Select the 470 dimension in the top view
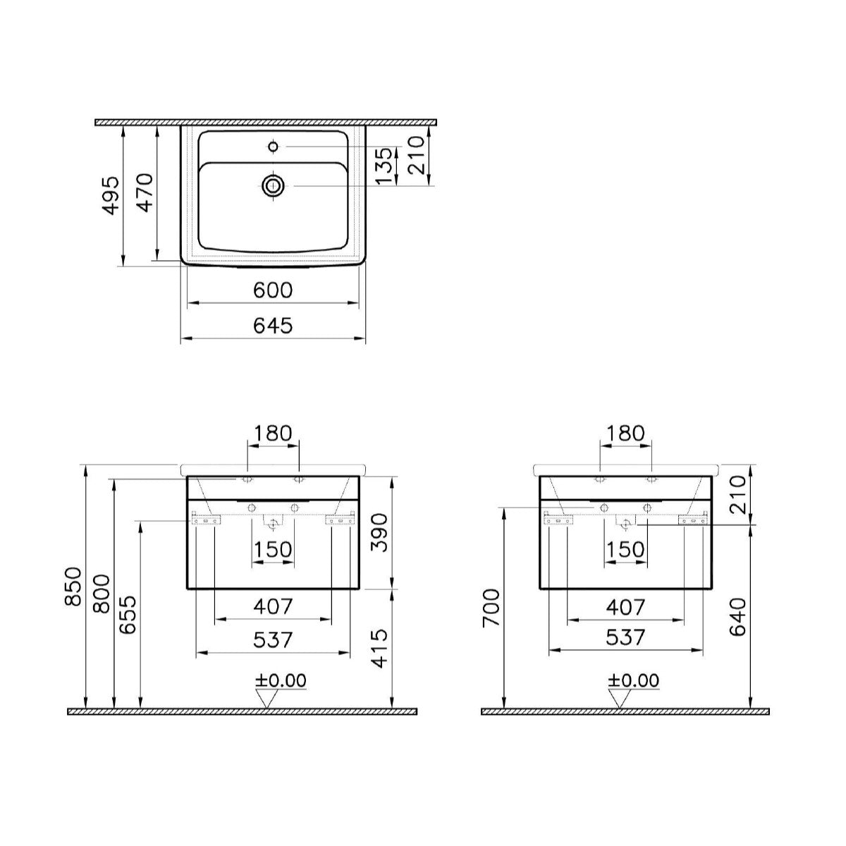coord(145,192)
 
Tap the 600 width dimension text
coord(273,290)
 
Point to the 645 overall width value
coord(273,326)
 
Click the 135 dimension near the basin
coord(384,166)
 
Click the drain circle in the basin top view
coord(273,186)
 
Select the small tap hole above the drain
coord(273,147)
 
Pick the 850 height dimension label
coord(73,587)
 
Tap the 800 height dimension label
coord(102,594)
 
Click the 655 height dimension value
coord(128,615)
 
